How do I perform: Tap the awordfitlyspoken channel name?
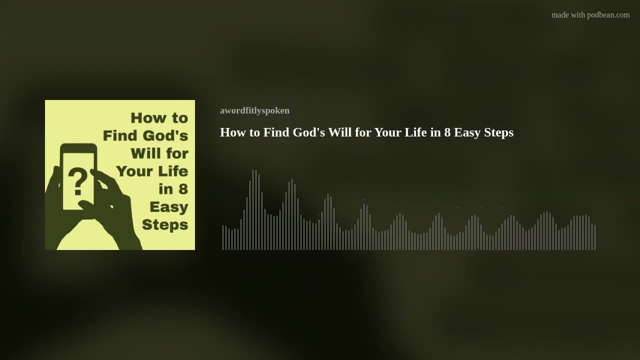254,110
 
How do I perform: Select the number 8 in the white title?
447,132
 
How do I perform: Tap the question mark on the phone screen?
77,181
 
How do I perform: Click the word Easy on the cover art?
168,206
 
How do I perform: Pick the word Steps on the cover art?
164,224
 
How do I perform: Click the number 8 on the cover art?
183,189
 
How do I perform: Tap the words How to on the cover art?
159,118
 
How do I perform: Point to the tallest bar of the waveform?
254,210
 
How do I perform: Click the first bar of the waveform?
223,237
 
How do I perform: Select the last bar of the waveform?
595,237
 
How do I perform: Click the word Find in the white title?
276,132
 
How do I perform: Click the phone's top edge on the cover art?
78,146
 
